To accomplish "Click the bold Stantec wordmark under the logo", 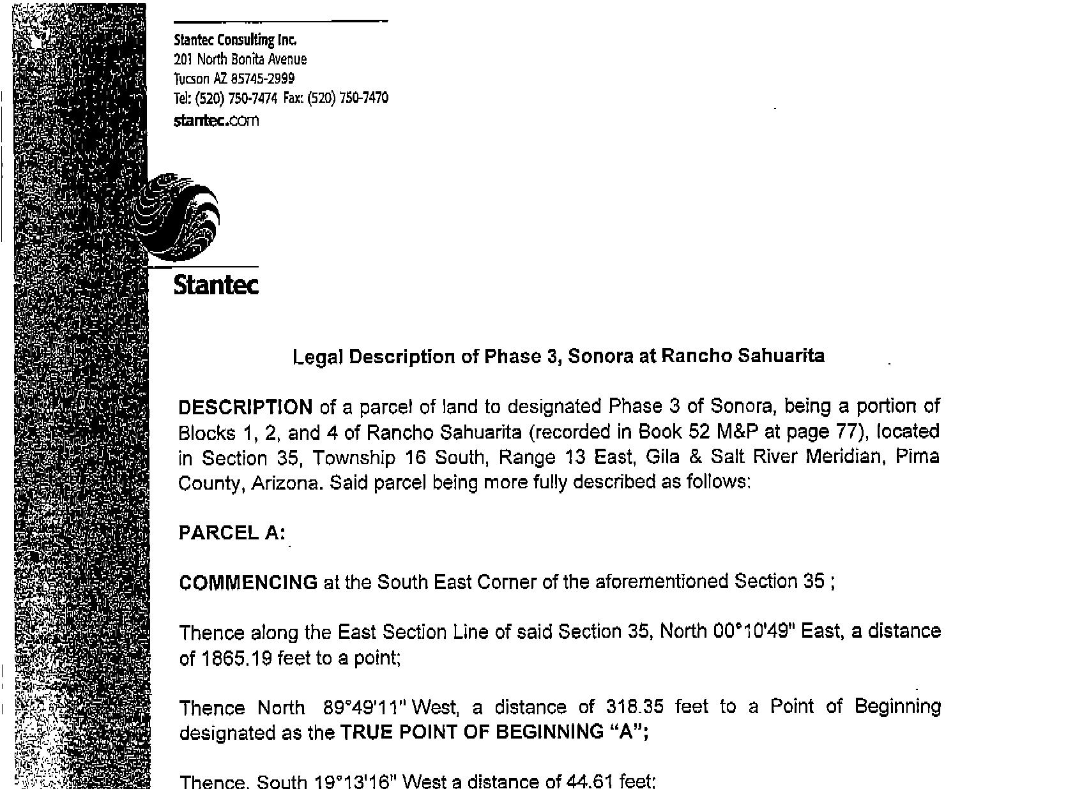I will (x=216, y=285).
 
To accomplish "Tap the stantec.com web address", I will (x=217, y=120).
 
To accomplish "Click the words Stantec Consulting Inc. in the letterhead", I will (x=235, y=40).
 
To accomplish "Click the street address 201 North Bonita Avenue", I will (x=240, y=59).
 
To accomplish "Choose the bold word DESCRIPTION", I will (x=245, y=407).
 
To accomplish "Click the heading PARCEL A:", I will (x=232, y=533).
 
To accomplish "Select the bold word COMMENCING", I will (x=248, y=582).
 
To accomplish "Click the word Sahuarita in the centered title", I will (x=781, y=356).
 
